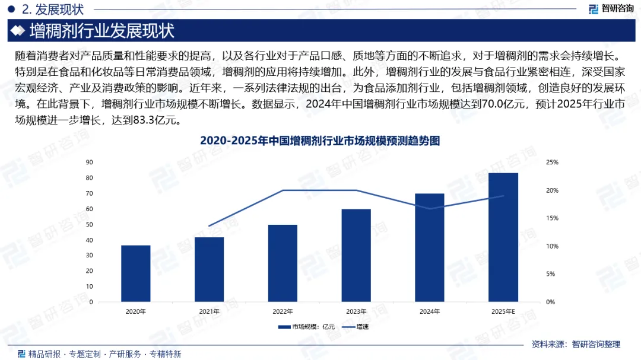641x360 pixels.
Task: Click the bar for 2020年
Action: click(136, 273)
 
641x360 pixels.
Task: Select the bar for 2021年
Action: click(209, 269)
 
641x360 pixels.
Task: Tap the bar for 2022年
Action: click(283, 263)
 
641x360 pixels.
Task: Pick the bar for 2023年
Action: click(356, 256)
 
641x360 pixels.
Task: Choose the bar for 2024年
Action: click(430, 248)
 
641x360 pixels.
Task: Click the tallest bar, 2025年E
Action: click(503, 237)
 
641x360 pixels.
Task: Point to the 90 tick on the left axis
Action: click(89, 163)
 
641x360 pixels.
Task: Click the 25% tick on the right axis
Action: click(553, 163)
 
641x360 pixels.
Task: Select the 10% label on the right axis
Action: click(553, 246)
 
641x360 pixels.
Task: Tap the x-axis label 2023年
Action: click(356, 311)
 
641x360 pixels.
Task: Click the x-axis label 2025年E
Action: click(503, 311)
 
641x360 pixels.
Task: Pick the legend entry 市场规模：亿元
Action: click(306, 327)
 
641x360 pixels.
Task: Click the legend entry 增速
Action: click(356, 327)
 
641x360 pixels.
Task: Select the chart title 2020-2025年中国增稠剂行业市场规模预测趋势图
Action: click(320, 141)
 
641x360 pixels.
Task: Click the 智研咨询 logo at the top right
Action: click(611, 8)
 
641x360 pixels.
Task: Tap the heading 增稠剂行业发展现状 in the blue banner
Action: click(102, 31)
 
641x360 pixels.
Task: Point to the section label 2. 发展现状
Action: click(53, 9)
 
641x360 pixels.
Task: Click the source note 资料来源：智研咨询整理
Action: click(576, 345)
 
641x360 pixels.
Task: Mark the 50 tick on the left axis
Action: click(89, 225)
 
